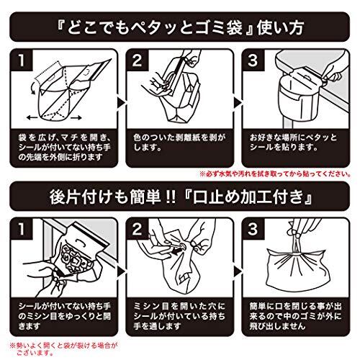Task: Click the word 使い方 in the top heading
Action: point(280,27)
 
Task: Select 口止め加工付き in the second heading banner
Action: point(248,197)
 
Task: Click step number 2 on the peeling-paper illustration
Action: point(137,60)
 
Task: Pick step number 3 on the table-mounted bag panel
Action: point(253,60)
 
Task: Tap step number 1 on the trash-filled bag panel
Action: point(22,229)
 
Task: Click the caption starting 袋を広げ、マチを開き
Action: point(64,148)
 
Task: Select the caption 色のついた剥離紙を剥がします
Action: point(179,143)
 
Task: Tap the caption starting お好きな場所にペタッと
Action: point(293,143)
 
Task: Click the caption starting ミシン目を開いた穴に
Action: point(179,316)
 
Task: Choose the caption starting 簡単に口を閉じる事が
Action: point(295,316)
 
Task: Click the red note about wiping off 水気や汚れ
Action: point(275,174)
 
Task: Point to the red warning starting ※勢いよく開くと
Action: point(63,349)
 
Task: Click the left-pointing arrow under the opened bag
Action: point(32,117)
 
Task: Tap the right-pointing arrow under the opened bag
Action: point(76,117)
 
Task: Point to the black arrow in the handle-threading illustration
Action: point(177,251)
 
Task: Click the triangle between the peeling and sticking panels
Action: point(237,103)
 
